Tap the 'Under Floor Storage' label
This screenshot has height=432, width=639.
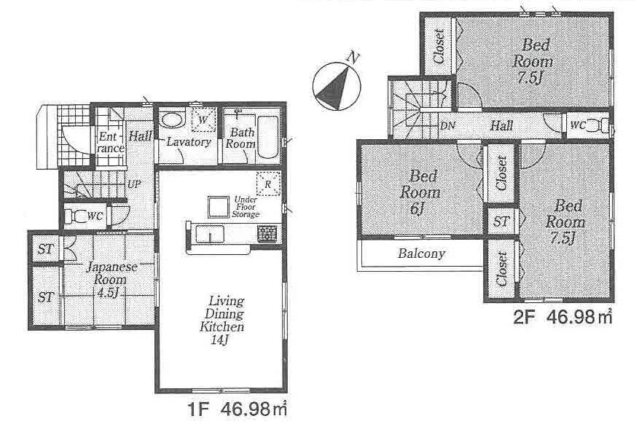click(246, 207)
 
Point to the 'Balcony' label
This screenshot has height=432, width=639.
click(421, 255)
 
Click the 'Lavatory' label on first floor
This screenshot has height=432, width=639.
click(188, 142)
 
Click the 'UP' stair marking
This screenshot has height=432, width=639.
click(134, 184)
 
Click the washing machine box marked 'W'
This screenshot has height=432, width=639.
click(204, 119)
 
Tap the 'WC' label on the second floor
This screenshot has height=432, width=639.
click(577, 125)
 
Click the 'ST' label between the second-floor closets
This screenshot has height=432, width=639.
click(501, 221)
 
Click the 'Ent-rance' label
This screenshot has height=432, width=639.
click(109, 141)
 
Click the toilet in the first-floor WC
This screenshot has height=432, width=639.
click(74, 216)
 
